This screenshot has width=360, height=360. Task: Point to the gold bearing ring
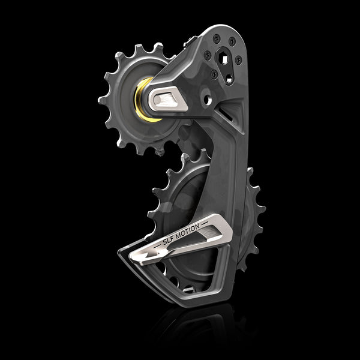tap(144, 98)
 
